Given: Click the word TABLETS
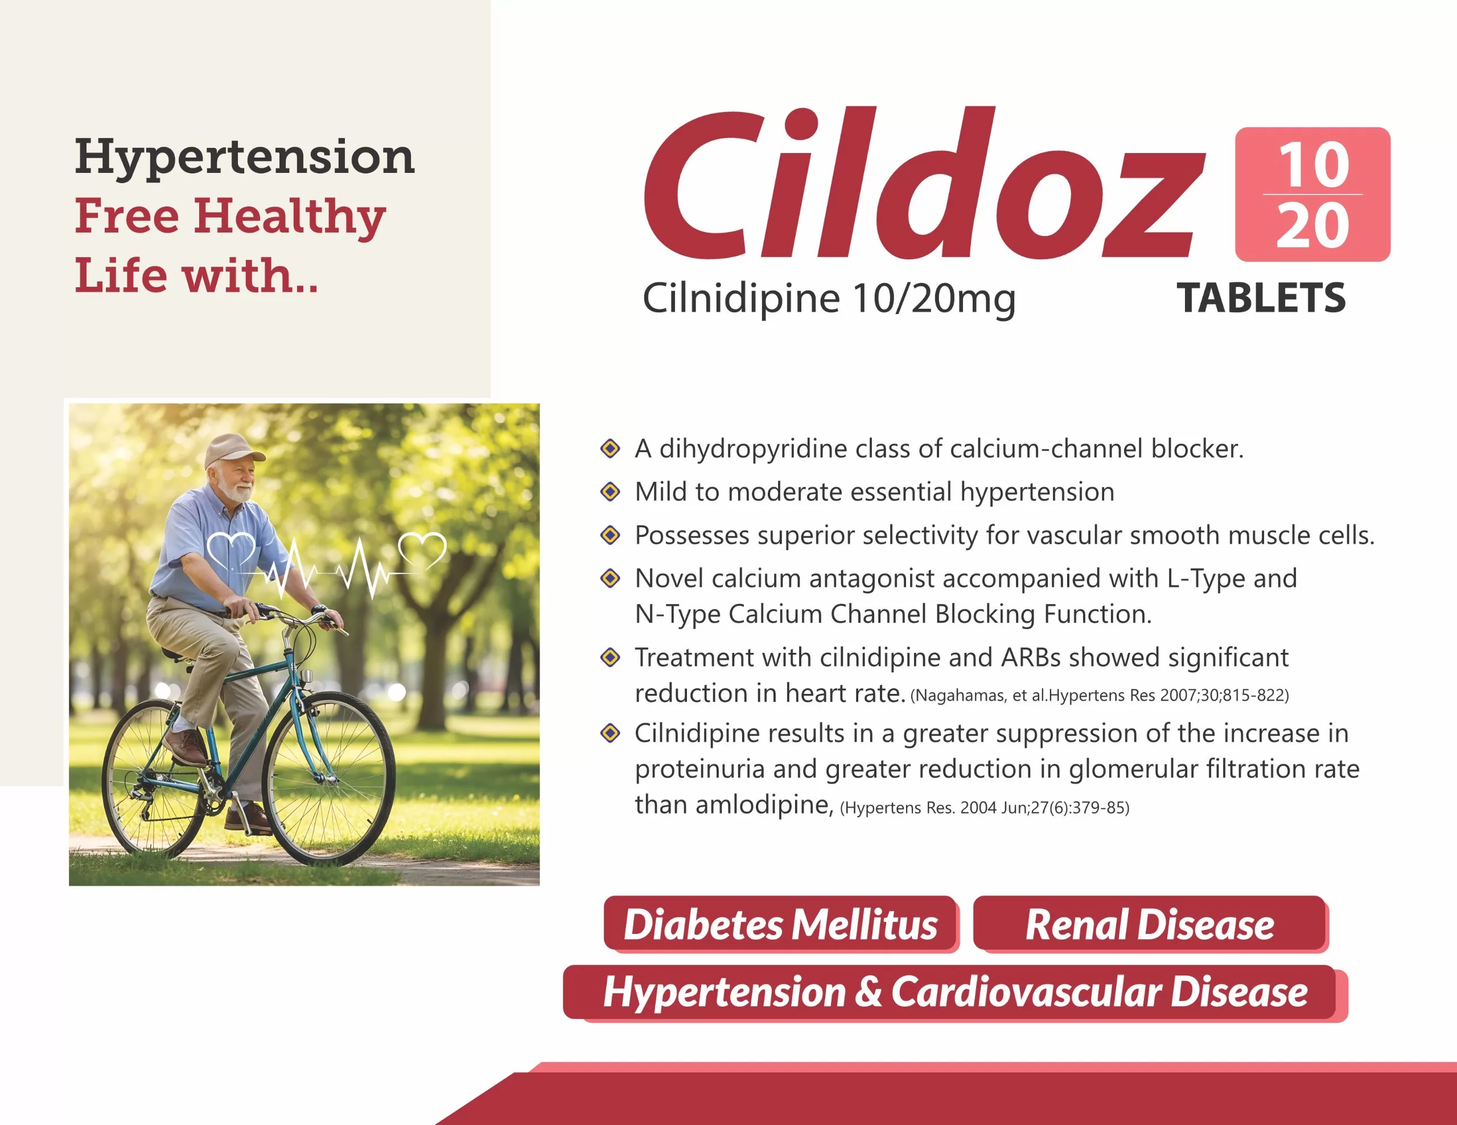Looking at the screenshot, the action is tap(1261, 297).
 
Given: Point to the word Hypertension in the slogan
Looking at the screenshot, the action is tap(245, 158).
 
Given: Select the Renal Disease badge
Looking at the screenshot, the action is tap(1150, 924).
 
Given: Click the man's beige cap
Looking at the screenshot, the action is tap(233, 450).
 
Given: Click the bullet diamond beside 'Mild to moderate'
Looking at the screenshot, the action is tap(610, 492).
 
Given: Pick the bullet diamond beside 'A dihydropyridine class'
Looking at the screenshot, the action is tap(610, 449).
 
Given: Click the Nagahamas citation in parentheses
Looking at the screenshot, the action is tap(1099, 696).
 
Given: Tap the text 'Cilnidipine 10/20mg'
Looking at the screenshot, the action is tap(829, 298).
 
